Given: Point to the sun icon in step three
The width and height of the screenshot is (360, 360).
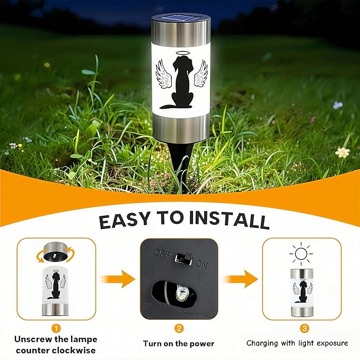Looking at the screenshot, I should (x=301, y=254).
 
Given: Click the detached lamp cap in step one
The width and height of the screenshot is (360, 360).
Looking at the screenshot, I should (x=56, y=252).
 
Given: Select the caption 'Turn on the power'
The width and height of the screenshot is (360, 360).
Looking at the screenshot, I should (x=179, y=344).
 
